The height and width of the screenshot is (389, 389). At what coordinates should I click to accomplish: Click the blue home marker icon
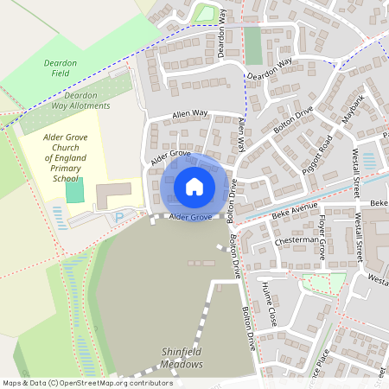[x=194, y=186]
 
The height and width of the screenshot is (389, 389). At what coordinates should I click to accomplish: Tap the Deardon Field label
[x=60, y=69]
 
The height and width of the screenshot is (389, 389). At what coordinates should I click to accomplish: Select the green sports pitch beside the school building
[x=75, y=190]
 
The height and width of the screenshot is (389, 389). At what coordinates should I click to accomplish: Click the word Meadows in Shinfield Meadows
[x=180, y=364]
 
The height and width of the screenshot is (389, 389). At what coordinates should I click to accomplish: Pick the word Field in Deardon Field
[x=60, y=75]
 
